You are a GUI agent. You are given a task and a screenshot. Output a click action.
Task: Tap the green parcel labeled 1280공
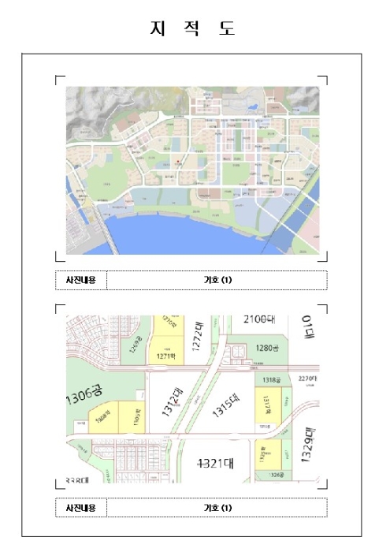(x=266, y=347)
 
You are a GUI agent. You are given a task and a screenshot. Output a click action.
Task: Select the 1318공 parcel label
(x=270, y=379)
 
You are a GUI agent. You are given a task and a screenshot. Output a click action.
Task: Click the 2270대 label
(x=307, y=379)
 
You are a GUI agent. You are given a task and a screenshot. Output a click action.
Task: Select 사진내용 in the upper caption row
(x=80, y=280)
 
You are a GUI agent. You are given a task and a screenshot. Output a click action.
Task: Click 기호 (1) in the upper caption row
(x=217, y=280)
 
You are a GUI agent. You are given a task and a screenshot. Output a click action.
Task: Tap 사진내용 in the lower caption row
(x=80, y=507)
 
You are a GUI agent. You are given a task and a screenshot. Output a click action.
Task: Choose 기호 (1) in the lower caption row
(x=217, y=507)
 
